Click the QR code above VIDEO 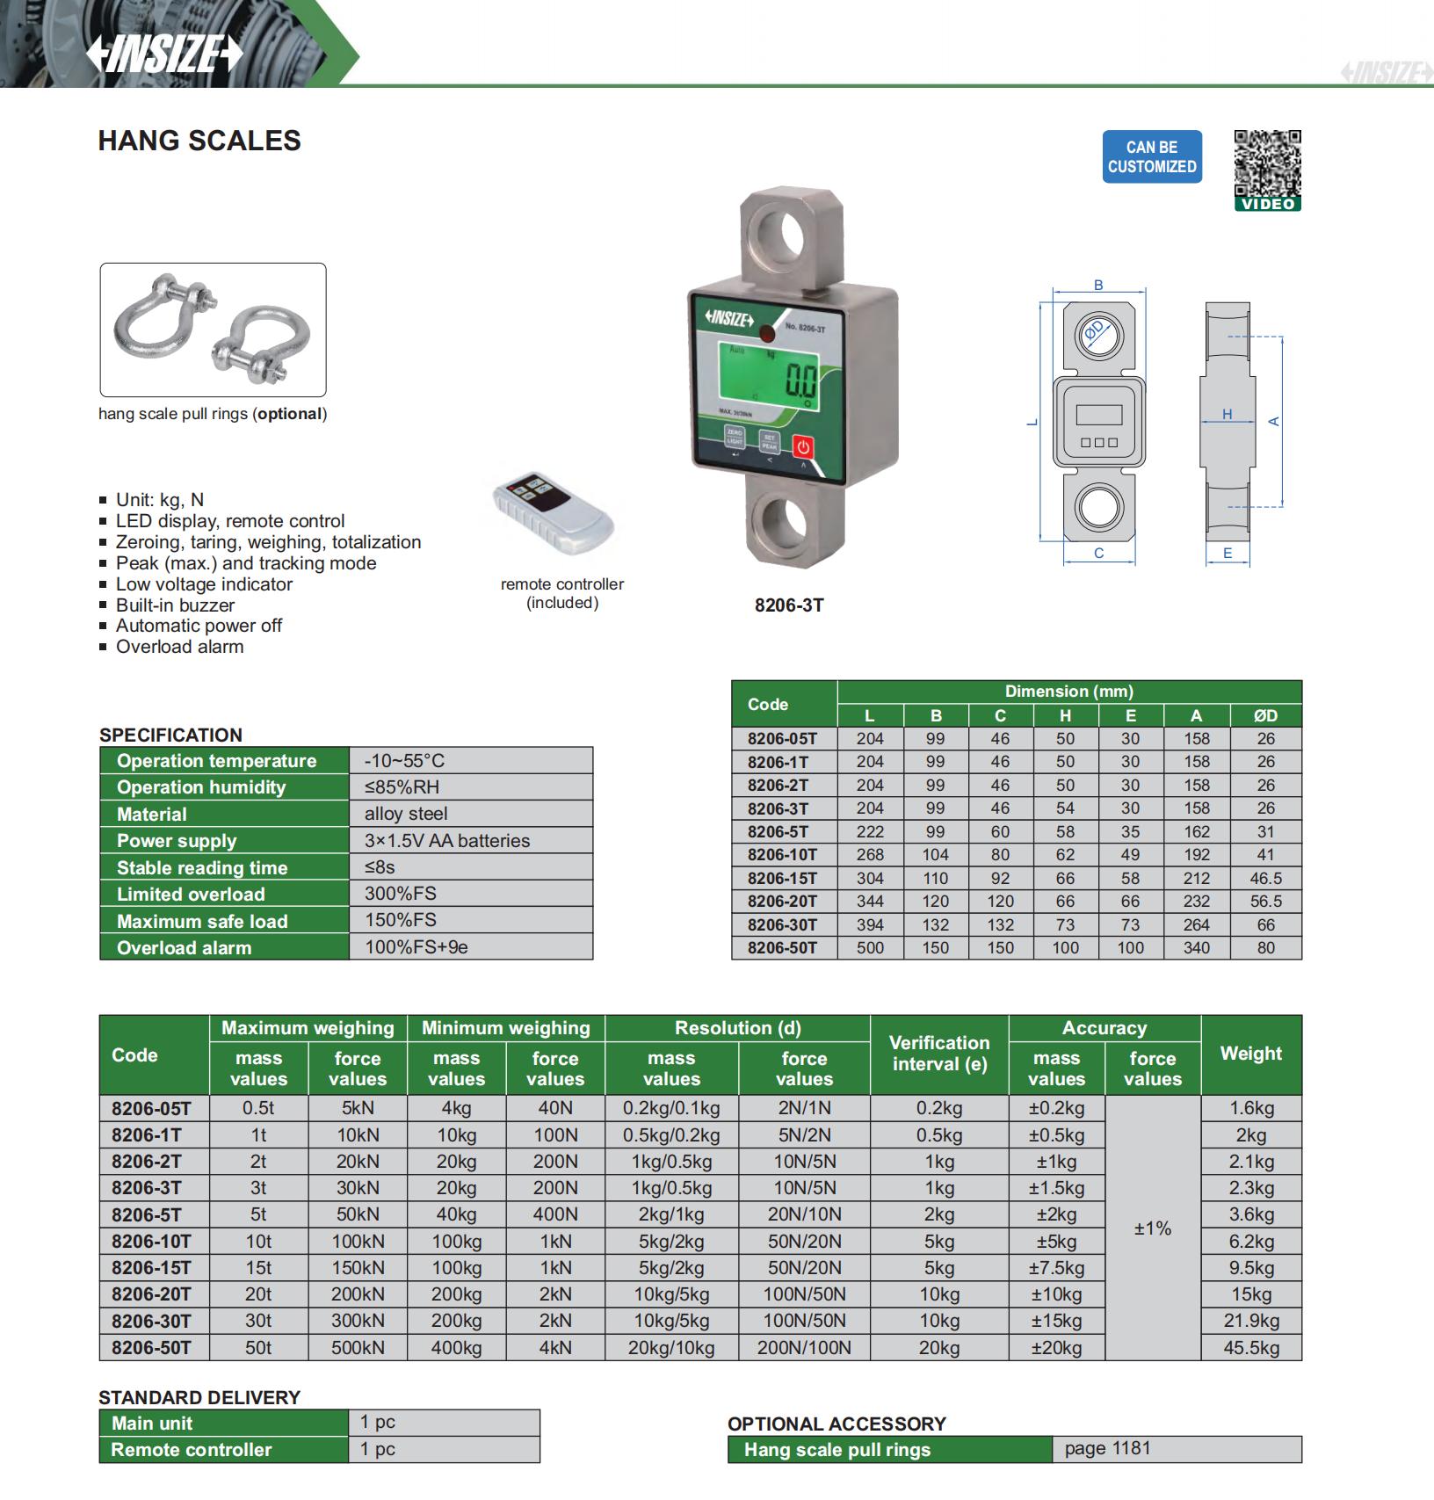[1267, 163]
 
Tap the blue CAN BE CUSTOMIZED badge [1151, 157]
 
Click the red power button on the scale [802, 446]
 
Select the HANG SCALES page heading [199, 141]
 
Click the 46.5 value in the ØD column [1265, 878]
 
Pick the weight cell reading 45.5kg [1250, 1347]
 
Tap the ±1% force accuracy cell [1152, 1228]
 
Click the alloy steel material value [406, 814]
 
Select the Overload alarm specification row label [184, 947]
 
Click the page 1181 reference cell [1107, 1448]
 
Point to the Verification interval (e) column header [938, 1054]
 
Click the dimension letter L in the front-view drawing [1032, 422]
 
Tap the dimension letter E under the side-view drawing [1228, 553]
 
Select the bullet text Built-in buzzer [175, 605]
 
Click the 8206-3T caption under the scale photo [789, 605]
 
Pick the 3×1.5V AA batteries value [447, 840]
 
